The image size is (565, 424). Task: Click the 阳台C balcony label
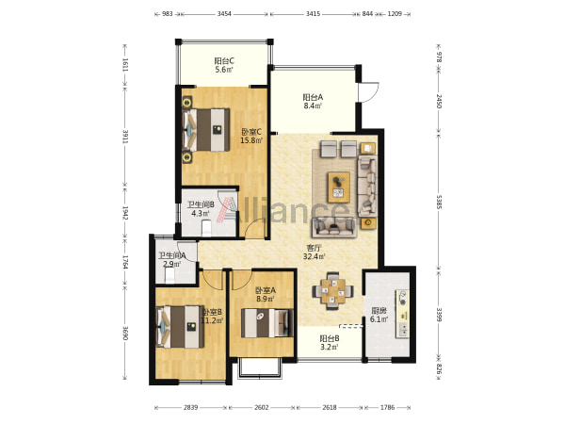[x=224, y=65]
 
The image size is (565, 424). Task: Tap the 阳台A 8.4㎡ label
[x=313, y=102]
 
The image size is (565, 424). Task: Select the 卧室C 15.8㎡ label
[x=251, y=137]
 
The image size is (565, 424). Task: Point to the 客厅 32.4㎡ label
[x=315, y=253]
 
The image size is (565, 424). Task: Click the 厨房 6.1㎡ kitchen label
[x=379, y=315]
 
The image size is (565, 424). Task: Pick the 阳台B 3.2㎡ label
[x=330, y=343]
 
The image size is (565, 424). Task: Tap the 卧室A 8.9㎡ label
[x=266, y=294]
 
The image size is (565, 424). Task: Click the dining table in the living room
[x=333, y=291]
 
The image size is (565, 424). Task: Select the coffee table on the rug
[x=339, y=188]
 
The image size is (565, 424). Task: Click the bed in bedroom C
[x=206, y=130]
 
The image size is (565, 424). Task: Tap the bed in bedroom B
[x=180, y=327]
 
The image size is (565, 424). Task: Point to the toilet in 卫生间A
[x=169, y=275]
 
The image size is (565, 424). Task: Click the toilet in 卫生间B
[x=206, y=228]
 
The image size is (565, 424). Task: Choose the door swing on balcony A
[x=368, y=92]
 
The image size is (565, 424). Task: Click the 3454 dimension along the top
[x=224, y=14]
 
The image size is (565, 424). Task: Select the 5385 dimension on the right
[x=439, y=202]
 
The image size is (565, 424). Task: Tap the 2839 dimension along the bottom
[x=190, y=407]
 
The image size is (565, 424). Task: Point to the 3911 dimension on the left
[x=125, y=137]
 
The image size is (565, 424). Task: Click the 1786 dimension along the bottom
[x=387, y=407]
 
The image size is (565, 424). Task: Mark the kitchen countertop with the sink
[x=402, y=314]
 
